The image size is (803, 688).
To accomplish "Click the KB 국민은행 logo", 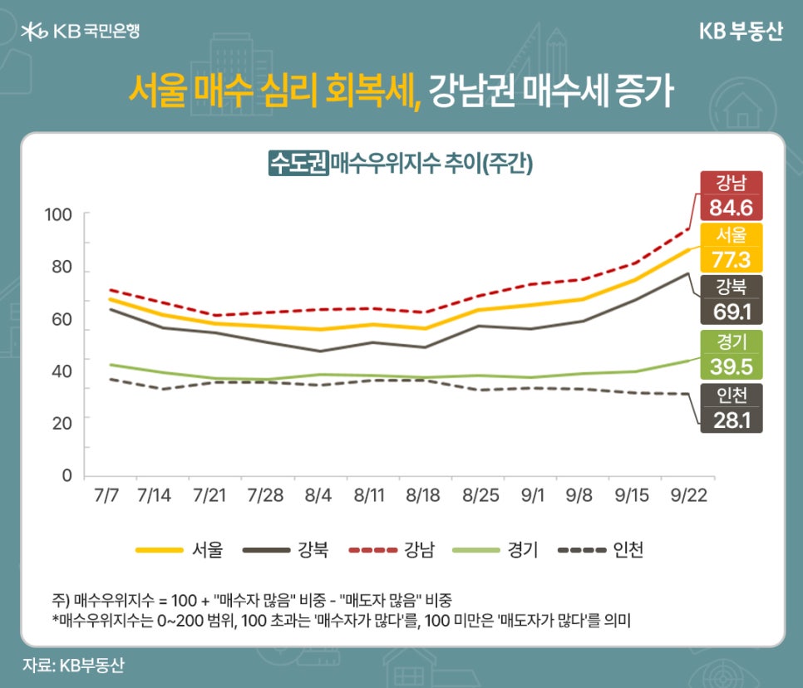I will click(x=81, y=32).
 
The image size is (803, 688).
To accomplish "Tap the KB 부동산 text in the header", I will click(x=738, y=32).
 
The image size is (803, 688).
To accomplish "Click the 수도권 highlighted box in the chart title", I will click(x=298, y=162).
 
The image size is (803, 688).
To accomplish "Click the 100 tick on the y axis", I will click(x=59, y=214).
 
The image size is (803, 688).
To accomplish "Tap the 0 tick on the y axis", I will click(x=67, y=475).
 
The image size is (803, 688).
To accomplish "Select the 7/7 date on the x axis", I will click(x=106, y=496).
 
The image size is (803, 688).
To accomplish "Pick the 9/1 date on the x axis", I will click(x=533, y=496).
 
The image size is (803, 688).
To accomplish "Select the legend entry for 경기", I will click(x=496, y=549).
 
